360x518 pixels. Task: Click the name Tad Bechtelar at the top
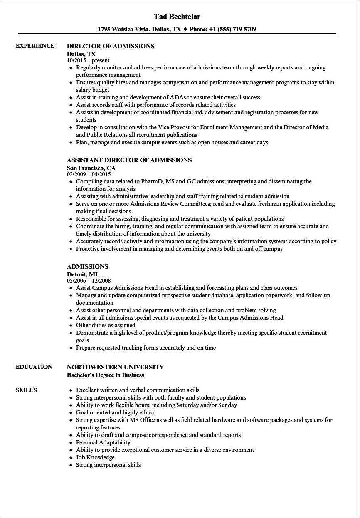pyautogui.click(x=177, y=17)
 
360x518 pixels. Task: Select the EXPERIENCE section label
pyautogui.click(x=35, y=46)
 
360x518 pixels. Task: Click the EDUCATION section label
pyautogui.click(x=34, y=367)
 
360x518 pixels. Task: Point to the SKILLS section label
pyautogui.click(x=26, y=390)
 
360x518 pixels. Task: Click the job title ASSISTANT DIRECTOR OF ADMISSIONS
pyautogui.click(x=129, y=160)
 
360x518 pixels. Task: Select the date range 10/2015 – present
pyautogui.click(x=88, y=60)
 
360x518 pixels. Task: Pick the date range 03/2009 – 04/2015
pyautogui.click(x=89, y=174)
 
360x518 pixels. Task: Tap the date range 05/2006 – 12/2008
pyautogui.click(x=89, y=281)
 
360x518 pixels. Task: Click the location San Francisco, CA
pyautogui.click(x=91, y=168)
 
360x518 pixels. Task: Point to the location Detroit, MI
pyautogui.click(x=82, y=274)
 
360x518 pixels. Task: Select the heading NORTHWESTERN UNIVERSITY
pyautogui.click(x=115, y=367)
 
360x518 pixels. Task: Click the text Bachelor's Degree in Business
pyautogui.click(x=106, y=375)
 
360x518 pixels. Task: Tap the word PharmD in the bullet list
pyautogui.click(x=152, y=182)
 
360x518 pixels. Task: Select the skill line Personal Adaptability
pyautogui.click(x=103, y=442)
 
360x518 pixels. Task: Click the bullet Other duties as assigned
pyautogui.click(x=106, y=325)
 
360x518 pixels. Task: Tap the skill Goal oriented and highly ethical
pyautogui.click(x=116, y=412)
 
